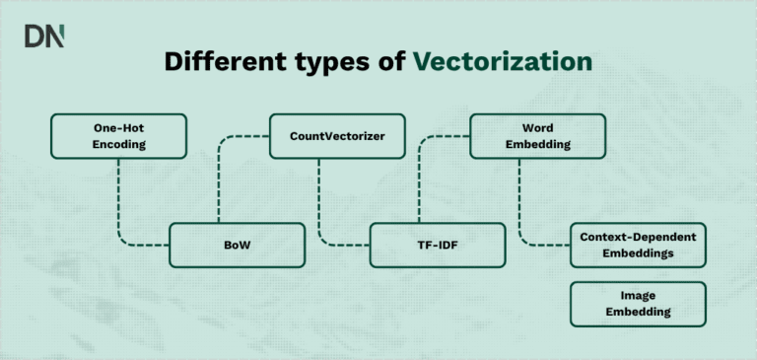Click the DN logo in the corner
click(x=44, y=36)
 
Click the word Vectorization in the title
click(x=503, y=61)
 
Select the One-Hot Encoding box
click(x=118, y=136)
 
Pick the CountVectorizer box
click(x=337, y=136)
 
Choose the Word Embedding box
click(x=537, y=136)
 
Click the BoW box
click(x=237, y=245)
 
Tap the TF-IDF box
click(x=438, y=245)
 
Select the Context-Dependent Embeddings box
click(x=638, y=245)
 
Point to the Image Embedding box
click(x=638, y=304)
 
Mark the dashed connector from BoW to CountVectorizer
click(x=220, y=178)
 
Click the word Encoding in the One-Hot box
click(x=118, y=144)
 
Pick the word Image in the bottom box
click(x=638, y=296)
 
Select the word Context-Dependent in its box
click(x=638, y=237)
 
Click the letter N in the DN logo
click(x=56, y=36)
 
